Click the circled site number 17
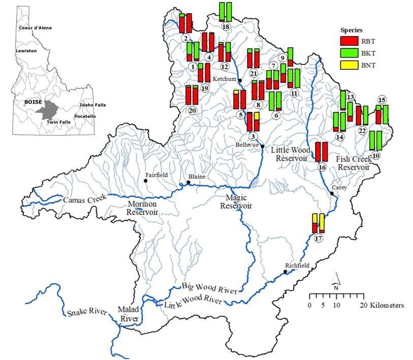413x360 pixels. (319, 238)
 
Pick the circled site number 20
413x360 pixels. (192, 110)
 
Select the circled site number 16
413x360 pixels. (322, 167)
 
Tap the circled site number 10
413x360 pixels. (376, 155)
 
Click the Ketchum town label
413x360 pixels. (224, 79)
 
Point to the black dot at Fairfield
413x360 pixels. (146, 181)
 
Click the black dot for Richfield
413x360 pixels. (285, 272)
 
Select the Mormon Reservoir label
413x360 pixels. (141, 208)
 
